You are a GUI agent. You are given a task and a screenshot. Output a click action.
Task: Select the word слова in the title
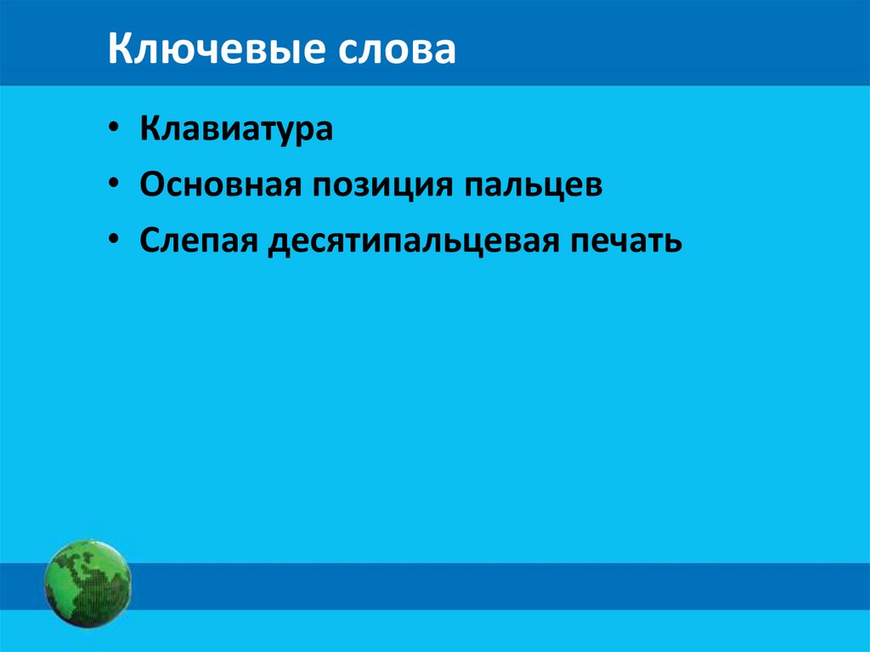(x=398, y=51)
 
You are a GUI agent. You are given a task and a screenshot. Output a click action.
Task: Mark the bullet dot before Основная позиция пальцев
(x=115, y=185)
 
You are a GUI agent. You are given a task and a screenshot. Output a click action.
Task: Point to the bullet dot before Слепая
(x=115, y=241)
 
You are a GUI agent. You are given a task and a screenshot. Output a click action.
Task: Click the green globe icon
(x=88, y=585)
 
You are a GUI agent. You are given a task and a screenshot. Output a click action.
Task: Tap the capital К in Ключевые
(x=120, y=51)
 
